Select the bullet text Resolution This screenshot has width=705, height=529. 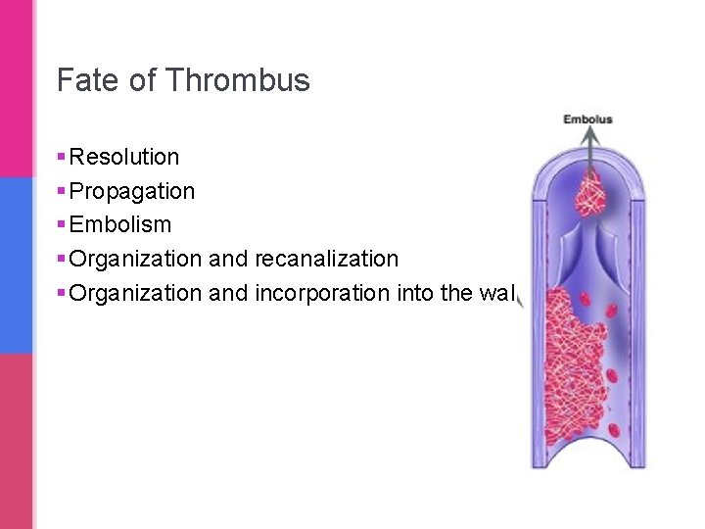124,157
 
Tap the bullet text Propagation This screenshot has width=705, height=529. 132,191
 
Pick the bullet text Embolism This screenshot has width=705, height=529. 120,224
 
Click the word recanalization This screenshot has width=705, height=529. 326,259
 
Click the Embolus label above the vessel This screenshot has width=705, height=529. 587,120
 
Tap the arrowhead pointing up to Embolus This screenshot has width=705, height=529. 588,136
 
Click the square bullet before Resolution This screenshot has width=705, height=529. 62,157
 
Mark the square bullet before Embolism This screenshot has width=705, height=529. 62,224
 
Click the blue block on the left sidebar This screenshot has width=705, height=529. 17,264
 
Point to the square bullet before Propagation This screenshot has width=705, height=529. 62,191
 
